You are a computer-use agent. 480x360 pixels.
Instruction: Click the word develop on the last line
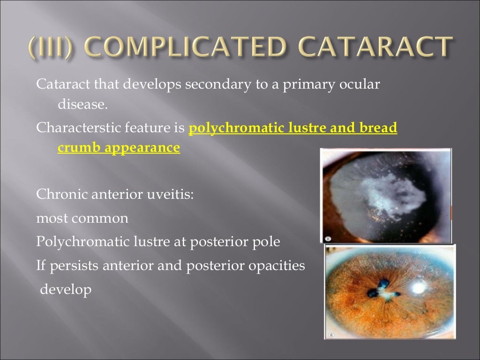66,289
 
